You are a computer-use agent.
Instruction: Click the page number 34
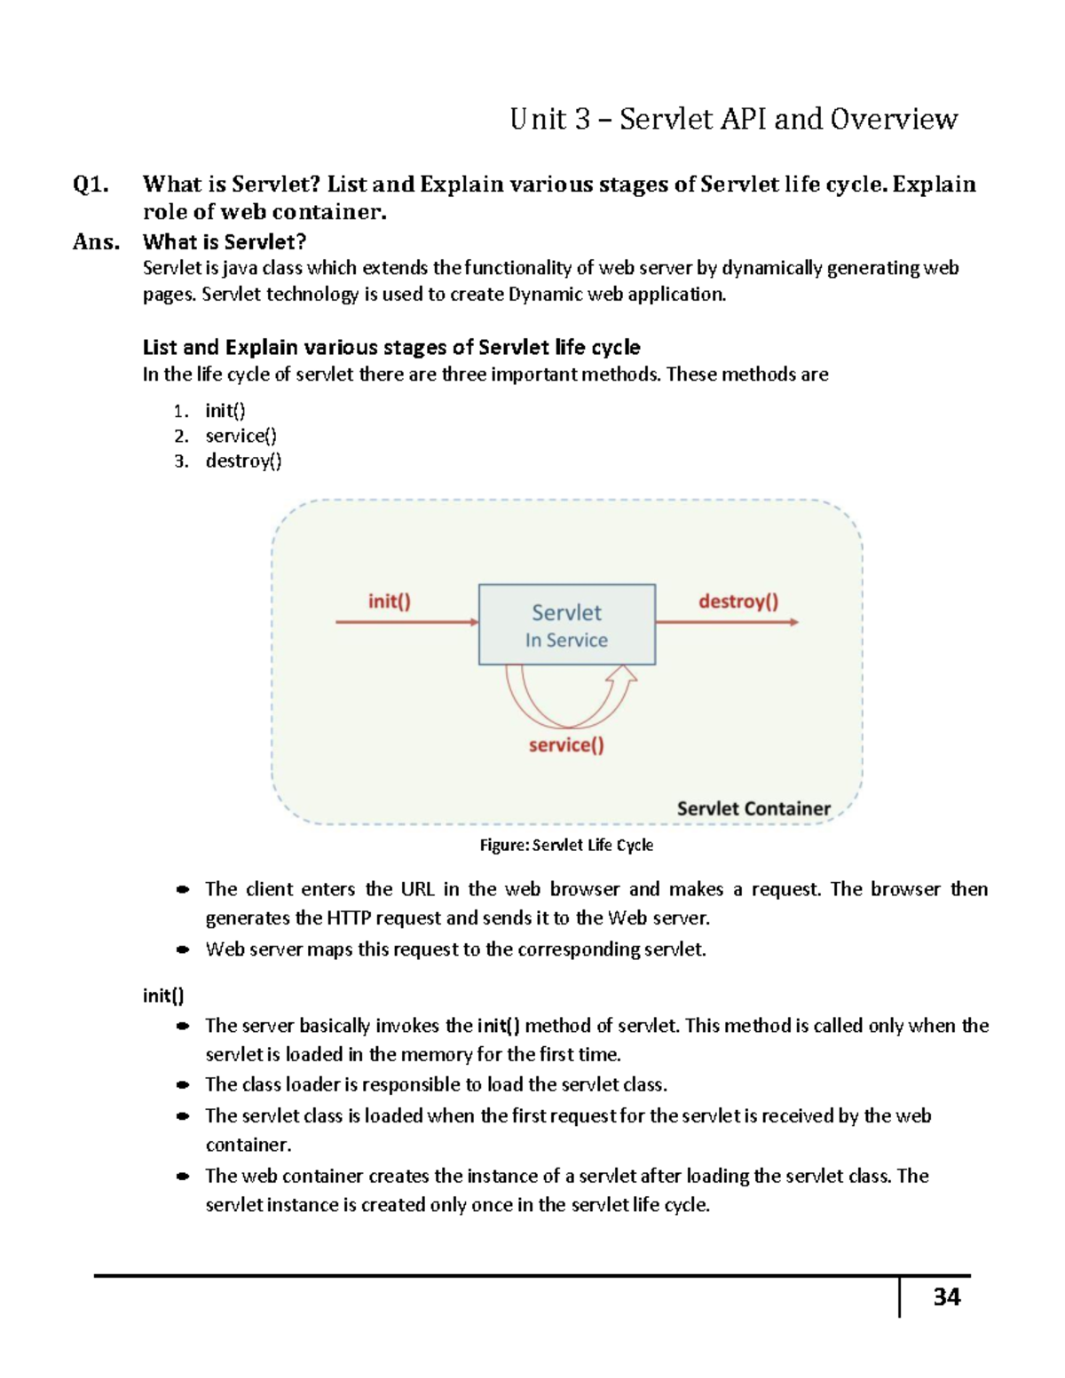coord(946,1297)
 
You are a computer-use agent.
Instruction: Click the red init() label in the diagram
coord(390,602)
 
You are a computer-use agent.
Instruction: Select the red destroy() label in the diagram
coord(738,602)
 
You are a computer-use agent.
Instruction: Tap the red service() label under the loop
coord(566,745)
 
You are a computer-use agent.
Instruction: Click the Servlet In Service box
coord(567,625)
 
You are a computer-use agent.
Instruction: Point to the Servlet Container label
coord(753,808)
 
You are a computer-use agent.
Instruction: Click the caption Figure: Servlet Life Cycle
coord(566,846)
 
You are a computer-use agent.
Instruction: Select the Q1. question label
coord(91,185)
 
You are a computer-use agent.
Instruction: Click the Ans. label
coord(96,242)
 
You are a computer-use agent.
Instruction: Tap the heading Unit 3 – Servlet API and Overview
coord(733,119)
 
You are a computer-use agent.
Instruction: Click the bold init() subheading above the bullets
coord(163,996)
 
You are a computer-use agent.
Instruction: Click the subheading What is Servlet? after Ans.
coord(225,242)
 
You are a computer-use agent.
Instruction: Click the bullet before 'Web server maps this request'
coord(183,949)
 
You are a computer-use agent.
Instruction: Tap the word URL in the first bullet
coord(417,889)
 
